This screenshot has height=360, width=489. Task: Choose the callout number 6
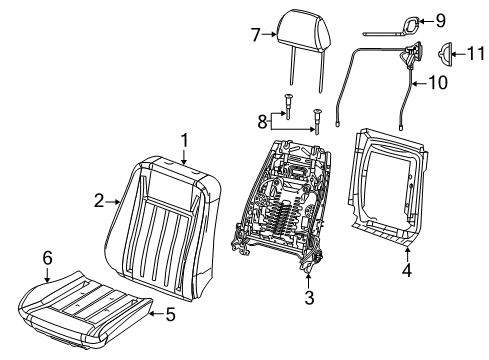coord(48,259)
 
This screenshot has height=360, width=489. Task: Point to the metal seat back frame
coord(290,215)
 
